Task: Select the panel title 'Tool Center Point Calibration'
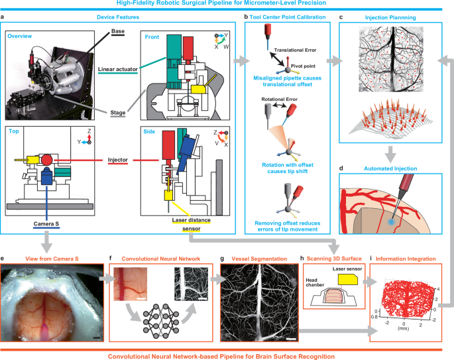(290, 15)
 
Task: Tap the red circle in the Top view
(47, 160)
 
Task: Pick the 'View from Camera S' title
(53, 259)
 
